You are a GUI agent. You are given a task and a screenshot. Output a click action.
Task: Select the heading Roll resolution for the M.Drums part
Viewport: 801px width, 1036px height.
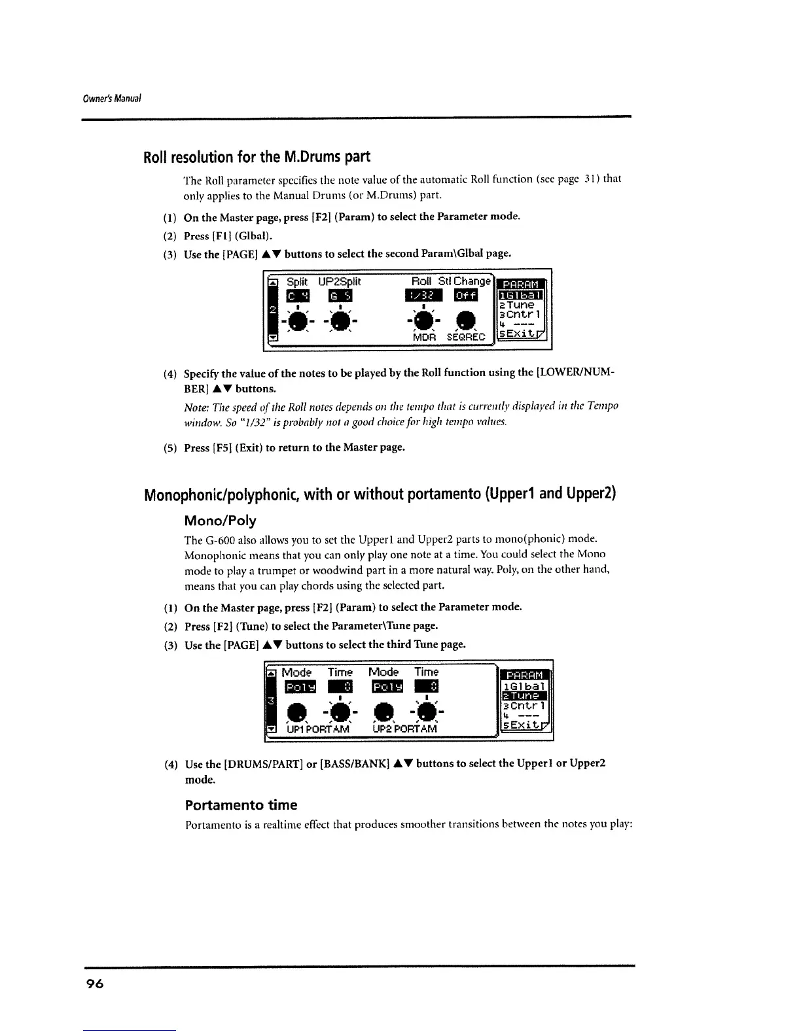pos(257,157)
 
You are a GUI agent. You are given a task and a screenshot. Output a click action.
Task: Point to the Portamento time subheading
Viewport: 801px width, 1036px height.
pos(241,804)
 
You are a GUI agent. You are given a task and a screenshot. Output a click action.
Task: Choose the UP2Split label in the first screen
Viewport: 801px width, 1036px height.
pos(339,281)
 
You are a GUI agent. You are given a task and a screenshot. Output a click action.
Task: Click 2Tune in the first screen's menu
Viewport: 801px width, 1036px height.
pos(517,305)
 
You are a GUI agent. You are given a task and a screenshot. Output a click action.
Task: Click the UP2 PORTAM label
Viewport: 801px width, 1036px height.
pos(404,729)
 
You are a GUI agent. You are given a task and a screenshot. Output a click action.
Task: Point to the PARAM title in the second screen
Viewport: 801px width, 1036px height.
pos(525,674)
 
